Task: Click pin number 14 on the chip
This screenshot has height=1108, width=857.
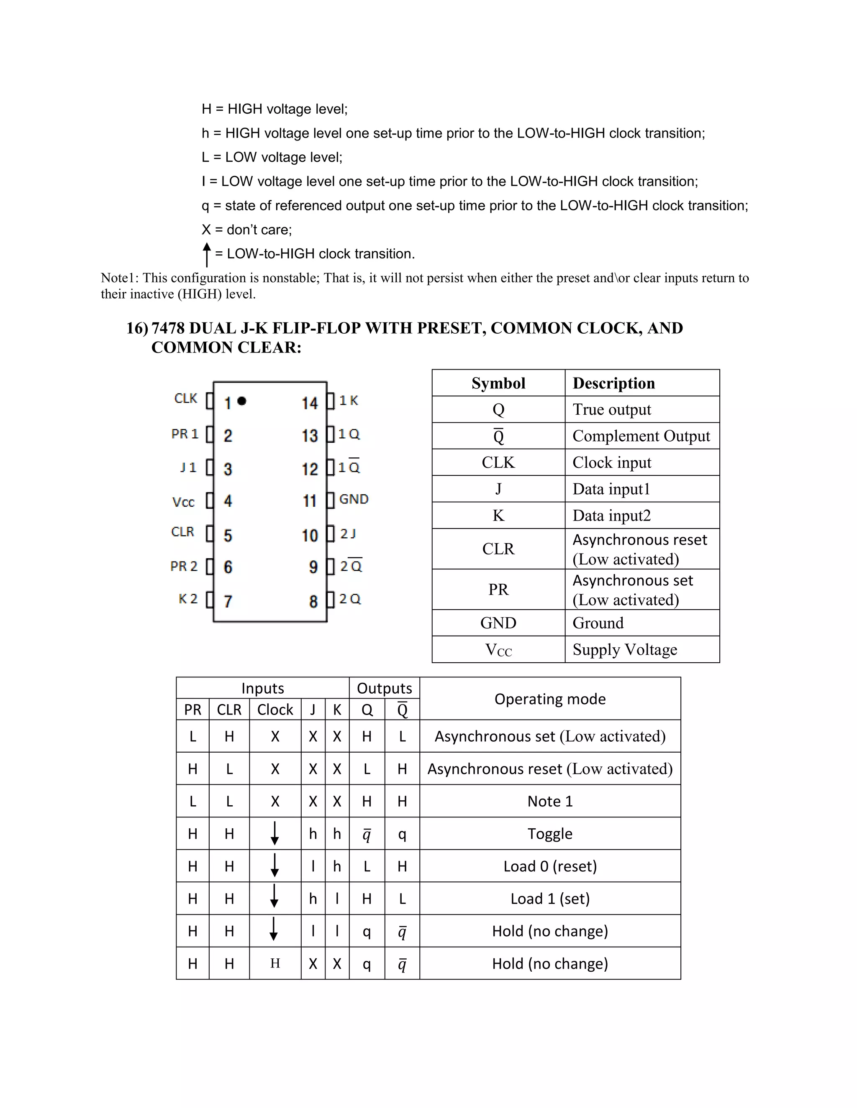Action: [x=309, y=403]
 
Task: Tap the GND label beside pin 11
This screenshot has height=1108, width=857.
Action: [x=354, y=499]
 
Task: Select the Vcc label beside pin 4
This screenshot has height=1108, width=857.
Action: [x=183, y=502]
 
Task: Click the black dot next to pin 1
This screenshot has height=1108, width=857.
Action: [x=242, y=401]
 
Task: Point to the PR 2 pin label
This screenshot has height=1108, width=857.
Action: [x=184, y=566]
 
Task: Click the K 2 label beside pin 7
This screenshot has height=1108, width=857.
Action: [x=188, y=599]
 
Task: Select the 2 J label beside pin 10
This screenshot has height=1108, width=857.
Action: [x=348, y=534]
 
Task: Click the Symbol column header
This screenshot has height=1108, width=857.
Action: [x=498, y=383]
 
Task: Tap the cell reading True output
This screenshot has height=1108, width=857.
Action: [x=611, y=409]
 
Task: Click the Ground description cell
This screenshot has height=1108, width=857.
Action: [x=598, y=623]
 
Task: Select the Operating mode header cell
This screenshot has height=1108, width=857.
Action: [x=550, y=699]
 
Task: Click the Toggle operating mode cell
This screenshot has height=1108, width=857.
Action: [x=550, y=834]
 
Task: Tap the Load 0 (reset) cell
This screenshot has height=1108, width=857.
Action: [x=550, y=866]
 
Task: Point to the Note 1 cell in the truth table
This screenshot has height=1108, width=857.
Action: [x=550, y=801]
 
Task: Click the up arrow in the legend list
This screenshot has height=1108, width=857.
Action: [x=207, y=254]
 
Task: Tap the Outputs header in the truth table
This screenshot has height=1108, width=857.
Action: [x=384, y=688]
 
